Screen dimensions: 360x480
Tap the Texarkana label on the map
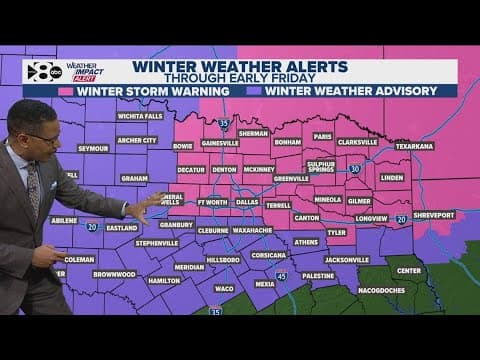(414, 145)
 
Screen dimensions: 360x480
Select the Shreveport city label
(433, 214)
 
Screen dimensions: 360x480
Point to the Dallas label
(247, 201)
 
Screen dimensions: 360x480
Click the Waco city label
(223, 288)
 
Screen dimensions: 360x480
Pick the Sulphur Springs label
(321, 165)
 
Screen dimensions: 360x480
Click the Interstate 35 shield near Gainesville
(224, 123)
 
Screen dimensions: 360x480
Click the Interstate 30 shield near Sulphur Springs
(355, 169)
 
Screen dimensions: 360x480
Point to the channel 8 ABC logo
(41, 71)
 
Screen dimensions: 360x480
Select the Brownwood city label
(114, 273)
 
